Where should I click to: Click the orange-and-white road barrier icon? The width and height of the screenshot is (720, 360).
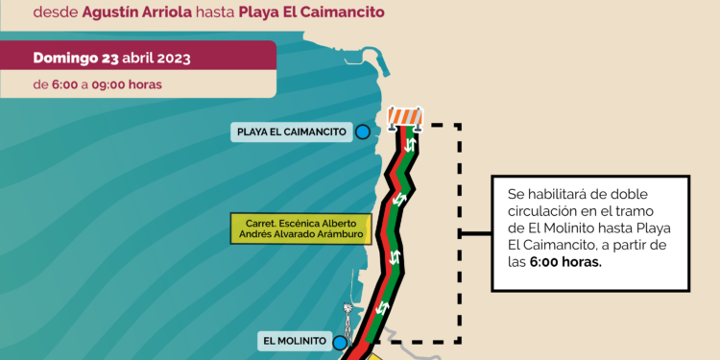[406, 117]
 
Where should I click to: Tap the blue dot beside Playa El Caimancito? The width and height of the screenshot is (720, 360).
[363, 132]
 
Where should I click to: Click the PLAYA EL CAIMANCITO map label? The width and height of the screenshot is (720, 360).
[289, 132]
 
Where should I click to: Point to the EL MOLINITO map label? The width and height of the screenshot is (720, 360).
[294, 341]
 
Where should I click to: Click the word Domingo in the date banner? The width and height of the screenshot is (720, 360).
[66, 58]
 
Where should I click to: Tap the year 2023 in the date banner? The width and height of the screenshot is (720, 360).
[170, 58]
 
